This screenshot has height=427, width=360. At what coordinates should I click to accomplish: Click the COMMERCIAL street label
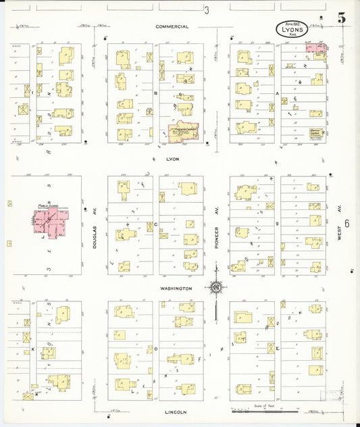(x=172, y=26)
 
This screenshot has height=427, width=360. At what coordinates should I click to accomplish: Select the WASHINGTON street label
(x=176, y=288)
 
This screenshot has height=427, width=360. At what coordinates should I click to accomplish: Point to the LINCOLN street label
(x=175, y=410)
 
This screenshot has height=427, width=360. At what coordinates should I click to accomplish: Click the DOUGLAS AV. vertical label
(x=95, y=237)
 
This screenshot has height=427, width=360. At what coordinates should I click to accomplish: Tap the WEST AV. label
(x=338, y=237)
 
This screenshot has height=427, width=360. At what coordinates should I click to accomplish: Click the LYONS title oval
(x=292, y=29)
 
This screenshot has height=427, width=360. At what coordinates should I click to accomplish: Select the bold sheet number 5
(x=342, y=18)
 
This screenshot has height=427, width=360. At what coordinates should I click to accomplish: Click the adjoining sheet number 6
(x=346, y=224)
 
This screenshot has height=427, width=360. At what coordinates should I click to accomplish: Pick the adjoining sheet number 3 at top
(x=207, y=9)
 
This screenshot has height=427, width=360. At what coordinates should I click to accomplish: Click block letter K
(x=32, y=349)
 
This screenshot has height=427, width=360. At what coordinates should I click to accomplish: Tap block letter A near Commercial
(x=277, y=93)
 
